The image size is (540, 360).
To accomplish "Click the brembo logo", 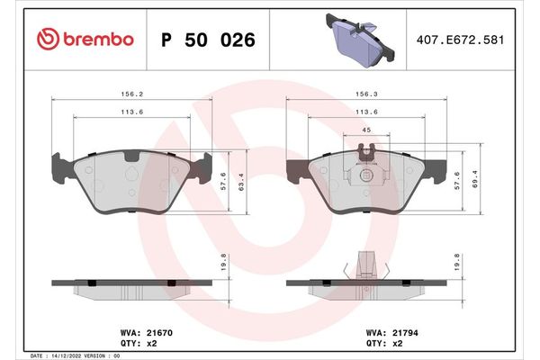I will tap(85, 40).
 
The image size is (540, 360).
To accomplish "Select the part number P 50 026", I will tap(207, 40).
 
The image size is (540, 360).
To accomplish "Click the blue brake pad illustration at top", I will tap(356, 41).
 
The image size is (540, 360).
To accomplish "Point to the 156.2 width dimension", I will tap(132, 92).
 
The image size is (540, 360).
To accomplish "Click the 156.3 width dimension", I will tap(366, 92).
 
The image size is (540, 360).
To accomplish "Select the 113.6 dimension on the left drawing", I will tap(132, 113).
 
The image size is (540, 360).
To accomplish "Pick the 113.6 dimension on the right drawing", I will tap(366, 113).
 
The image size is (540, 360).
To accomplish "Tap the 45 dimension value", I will tap(366, 130).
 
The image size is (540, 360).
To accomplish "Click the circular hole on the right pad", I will tap(366, 176).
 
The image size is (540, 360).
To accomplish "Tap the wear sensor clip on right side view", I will tap(365, 263).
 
